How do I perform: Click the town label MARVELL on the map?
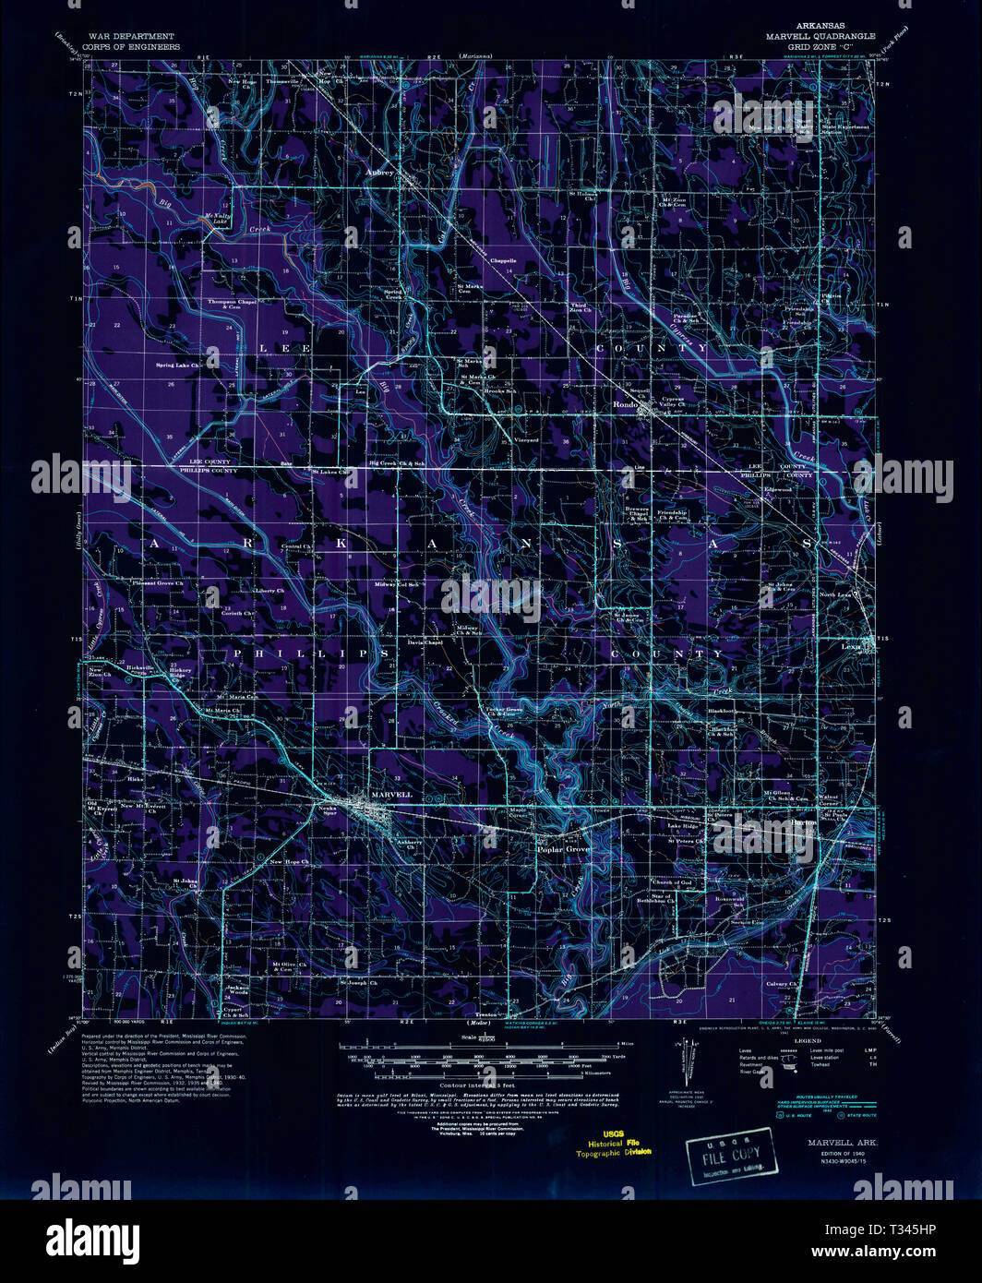click(390, 794)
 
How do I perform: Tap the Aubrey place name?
click(379, 172)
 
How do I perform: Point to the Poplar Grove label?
click(563, 848)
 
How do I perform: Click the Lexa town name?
click(850, 647)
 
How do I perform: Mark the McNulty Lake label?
click(215, 220)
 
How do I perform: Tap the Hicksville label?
click(139, 666)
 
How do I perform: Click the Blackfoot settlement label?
click(721, 712)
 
